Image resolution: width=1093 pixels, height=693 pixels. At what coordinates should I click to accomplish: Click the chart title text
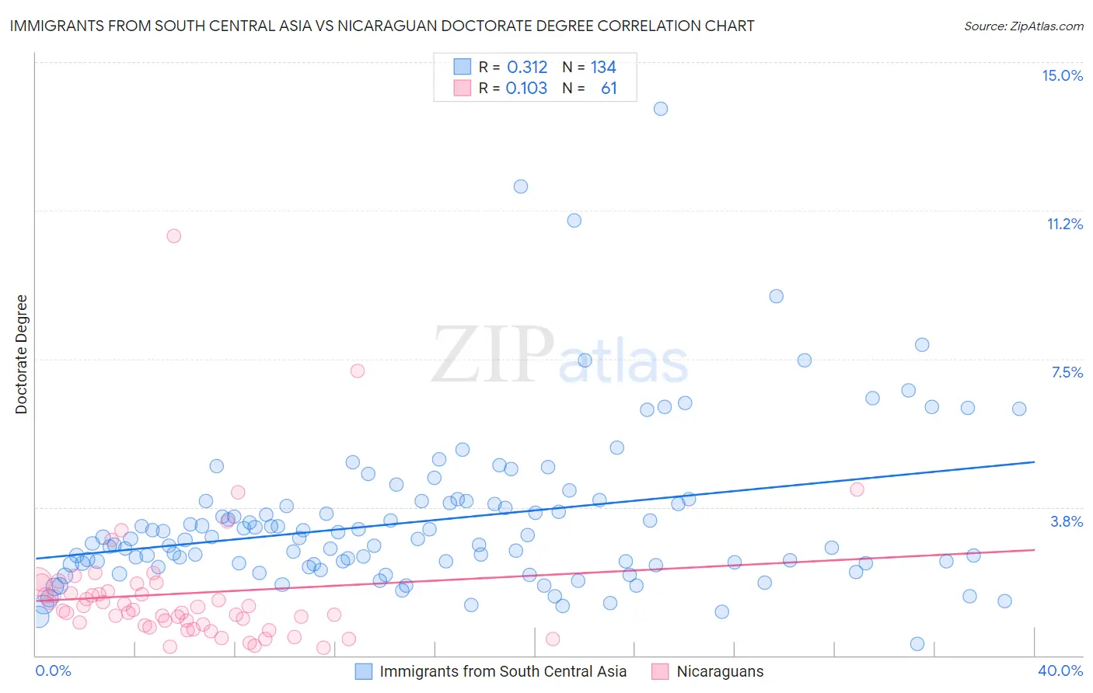pos(382,26)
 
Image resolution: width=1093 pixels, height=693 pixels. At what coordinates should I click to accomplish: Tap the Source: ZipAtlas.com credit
pos(1023,26)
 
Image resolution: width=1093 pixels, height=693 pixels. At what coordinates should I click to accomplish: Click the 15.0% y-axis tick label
pos(1062,75)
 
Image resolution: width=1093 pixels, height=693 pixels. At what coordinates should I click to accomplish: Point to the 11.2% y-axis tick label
pos(1064,224)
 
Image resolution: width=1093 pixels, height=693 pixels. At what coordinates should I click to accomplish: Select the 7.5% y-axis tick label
pos(1067,372)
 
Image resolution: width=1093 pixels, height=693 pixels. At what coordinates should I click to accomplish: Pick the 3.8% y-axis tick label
pos(1067,521)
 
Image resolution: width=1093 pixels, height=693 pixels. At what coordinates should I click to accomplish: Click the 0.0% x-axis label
pos(53,670)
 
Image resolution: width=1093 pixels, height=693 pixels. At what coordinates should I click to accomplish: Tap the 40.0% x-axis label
pos(1060,670)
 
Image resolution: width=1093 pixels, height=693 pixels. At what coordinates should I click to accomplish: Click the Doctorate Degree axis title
pos(21,354)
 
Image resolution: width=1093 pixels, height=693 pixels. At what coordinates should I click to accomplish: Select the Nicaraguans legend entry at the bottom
pos(719,671)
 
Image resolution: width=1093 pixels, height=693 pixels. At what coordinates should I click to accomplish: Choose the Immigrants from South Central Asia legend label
pos(502,671)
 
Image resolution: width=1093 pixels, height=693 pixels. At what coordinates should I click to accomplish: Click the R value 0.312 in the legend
pos(527,68)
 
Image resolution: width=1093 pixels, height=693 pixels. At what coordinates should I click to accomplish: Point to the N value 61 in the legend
pos(609,89)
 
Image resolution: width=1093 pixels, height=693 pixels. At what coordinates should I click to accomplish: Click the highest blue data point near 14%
pos(661,109)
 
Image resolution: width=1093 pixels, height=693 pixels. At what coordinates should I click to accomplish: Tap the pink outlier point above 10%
pos(174,236)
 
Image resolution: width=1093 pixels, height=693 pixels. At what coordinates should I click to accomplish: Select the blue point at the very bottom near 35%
pos(917,644)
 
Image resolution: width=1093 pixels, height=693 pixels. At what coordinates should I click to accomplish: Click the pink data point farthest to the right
pos(857,489)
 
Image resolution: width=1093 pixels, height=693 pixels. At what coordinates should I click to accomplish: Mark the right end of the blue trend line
pos(1034,461)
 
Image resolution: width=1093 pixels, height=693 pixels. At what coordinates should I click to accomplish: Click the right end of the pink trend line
pos(1034,549)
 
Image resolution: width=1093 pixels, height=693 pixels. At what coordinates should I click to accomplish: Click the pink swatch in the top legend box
pos(463,89)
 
